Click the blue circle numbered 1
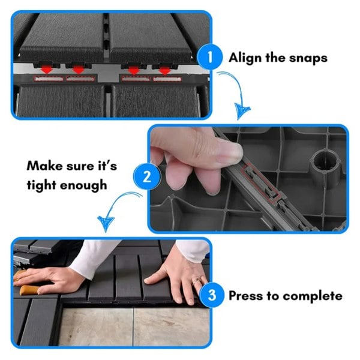(x=209, y=56)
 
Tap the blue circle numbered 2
(x=147, y=176)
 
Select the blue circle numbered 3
(x=211, y=295)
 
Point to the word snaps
(x=308, y=58)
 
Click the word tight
(x=41, y=185)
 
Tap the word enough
(x=83, y=185)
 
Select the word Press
(x=245, y=295)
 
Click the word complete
(x=313, y=296)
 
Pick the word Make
(x=44, y=166)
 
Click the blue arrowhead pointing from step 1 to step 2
(x=242, y=111)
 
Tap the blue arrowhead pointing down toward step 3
(x=106, y=223)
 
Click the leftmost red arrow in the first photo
(x=47, y=69)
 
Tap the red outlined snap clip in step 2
(x=261, y=183)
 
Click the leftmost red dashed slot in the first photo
(x=49, y=79)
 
